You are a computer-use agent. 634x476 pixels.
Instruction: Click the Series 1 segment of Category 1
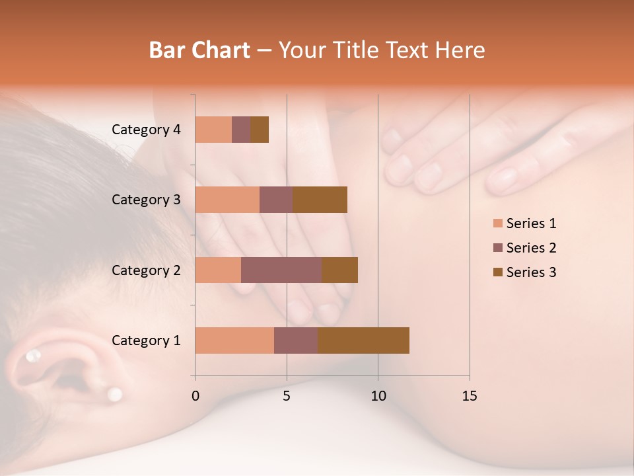[x=234, y=340]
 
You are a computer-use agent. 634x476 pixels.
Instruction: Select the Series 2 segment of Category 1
[x=296, y=340]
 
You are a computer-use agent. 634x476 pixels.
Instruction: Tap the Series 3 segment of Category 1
[x=363, y=340]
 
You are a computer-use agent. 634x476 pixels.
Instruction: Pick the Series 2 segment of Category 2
[x=281, y=270]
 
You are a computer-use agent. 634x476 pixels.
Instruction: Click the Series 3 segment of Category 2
[x=339, y=270]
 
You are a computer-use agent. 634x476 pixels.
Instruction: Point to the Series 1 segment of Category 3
[x=227, y=200]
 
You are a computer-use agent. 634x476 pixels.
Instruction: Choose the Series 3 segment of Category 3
[x=320, y=200]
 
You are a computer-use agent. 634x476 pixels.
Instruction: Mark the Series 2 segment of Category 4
[x=241, y=130]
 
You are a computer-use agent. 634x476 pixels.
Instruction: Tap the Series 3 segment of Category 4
[x=260, y=130]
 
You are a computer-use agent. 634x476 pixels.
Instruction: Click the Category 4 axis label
[x=146, y=130]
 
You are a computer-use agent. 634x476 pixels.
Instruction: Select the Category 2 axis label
[x=146, y=270]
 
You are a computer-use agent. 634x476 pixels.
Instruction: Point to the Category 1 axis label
[x=146, y=340]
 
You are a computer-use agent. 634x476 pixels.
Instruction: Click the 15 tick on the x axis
[x=469, y=396]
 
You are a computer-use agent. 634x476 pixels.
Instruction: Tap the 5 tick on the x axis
[x=287, y=396]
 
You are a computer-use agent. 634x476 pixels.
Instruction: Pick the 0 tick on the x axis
[x=195, y=396]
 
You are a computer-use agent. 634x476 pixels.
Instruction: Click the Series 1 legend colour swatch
[x=497, y=223]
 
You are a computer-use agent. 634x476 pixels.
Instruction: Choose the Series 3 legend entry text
[x=531, y=272]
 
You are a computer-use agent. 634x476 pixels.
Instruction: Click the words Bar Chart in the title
[x=199, y=50]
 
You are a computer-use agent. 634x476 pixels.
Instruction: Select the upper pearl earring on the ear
[x=32, y=357]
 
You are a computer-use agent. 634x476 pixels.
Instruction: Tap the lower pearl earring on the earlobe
[x=115, y=395]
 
